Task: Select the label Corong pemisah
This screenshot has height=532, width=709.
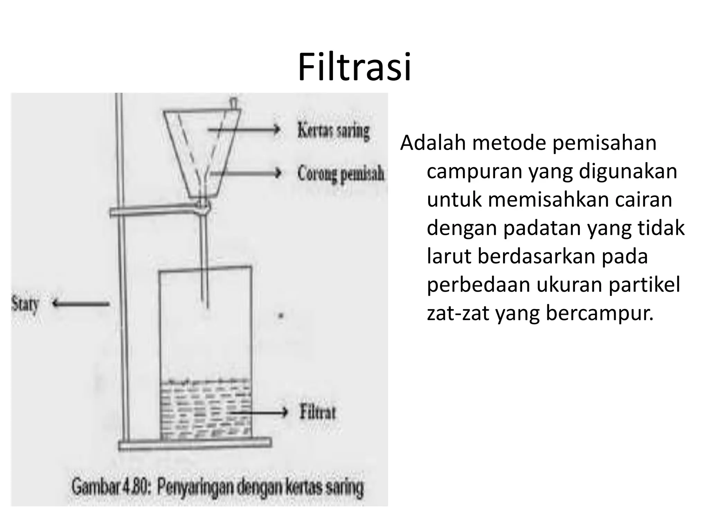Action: [341, 173]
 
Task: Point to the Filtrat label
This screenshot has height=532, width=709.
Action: [317, 413]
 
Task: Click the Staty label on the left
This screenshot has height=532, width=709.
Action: [25, 304]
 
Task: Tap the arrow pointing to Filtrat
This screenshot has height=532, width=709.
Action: [259, 413]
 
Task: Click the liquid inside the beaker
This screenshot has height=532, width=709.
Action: [206, 409]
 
